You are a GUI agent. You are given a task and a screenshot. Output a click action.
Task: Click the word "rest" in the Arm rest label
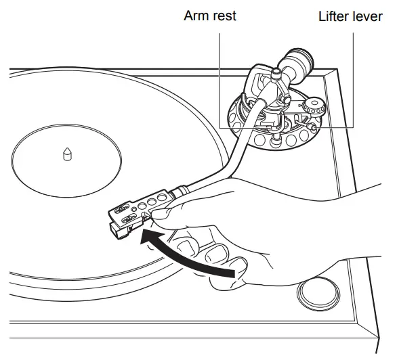224,15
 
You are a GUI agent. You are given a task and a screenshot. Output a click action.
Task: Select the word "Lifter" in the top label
335,15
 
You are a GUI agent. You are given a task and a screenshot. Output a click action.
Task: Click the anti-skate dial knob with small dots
313,106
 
